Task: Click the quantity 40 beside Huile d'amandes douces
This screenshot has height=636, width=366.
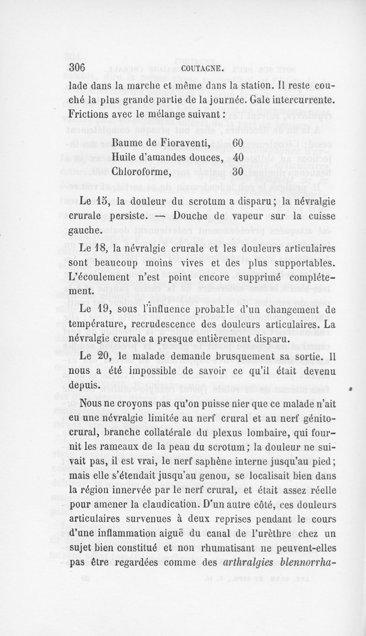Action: pyautogui.click(x=237, y=158)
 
